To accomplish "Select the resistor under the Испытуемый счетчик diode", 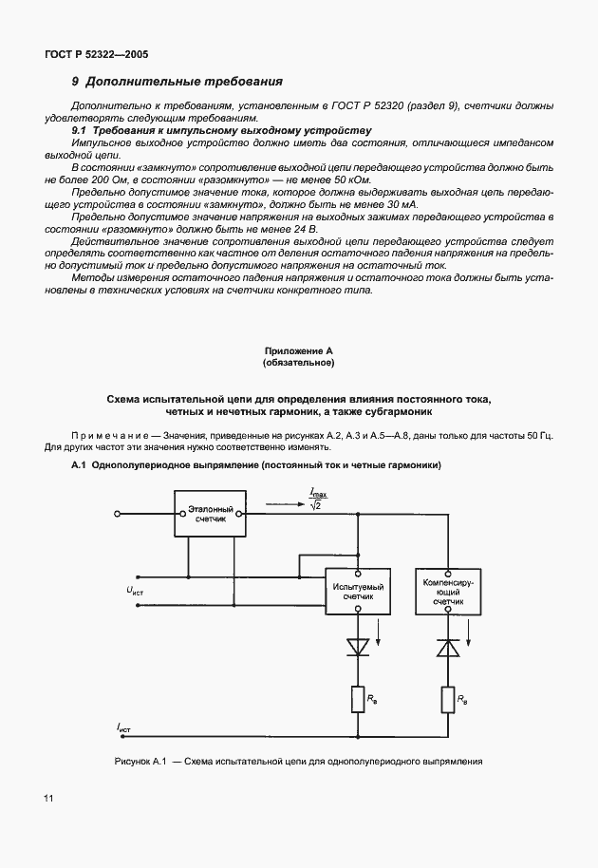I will click(x=359, y=701).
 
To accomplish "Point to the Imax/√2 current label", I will click(x=317, y=497).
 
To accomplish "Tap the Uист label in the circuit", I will click(x=134, y=591).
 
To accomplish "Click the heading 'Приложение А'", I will click(x=298, y=350).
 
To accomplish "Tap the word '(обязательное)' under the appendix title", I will click(x=298, y=363).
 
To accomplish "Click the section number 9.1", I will click(x=82, y=129).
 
